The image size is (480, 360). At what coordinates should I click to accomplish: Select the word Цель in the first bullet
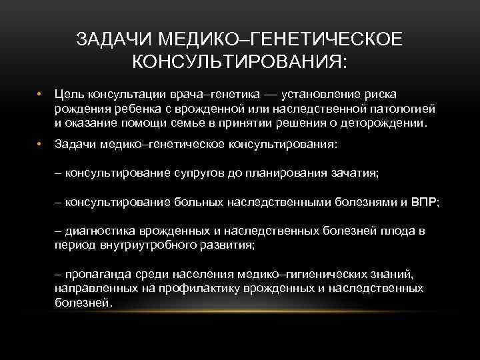point(68,95)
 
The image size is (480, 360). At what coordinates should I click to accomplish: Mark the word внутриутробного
point(141,245)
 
